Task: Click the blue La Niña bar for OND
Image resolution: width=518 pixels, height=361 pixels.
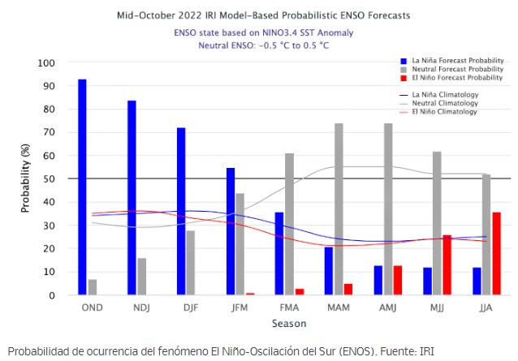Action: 82,187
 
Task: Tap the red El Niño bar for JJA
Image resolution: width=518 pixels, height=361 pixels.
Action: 497,254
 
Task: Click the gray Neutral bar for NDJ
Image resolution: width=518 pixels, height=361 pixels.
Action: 141,277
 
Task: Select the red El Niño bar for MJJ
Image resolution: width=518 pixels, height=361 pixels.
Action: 447,265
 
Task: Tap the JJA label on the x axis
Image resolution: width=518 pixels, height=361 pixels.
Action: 487,308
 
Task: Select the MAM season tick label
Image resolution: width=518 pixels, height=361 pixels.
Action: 339,308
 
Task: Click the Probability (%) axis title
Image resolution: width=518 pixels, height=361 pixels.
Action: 25,179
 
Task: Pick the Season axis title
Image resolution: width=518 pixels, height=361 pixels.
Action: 289,323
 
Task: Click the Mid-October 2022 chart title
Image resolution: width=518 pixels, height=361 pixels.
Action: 264,15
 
